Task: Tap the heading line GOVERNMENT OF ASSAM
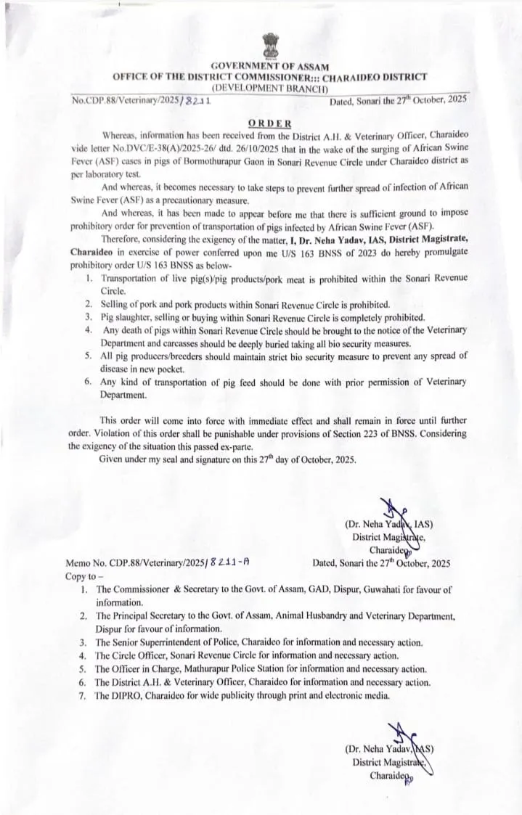tap(269, 66)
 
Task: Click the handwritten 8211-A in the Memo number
tap(229, 562)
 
